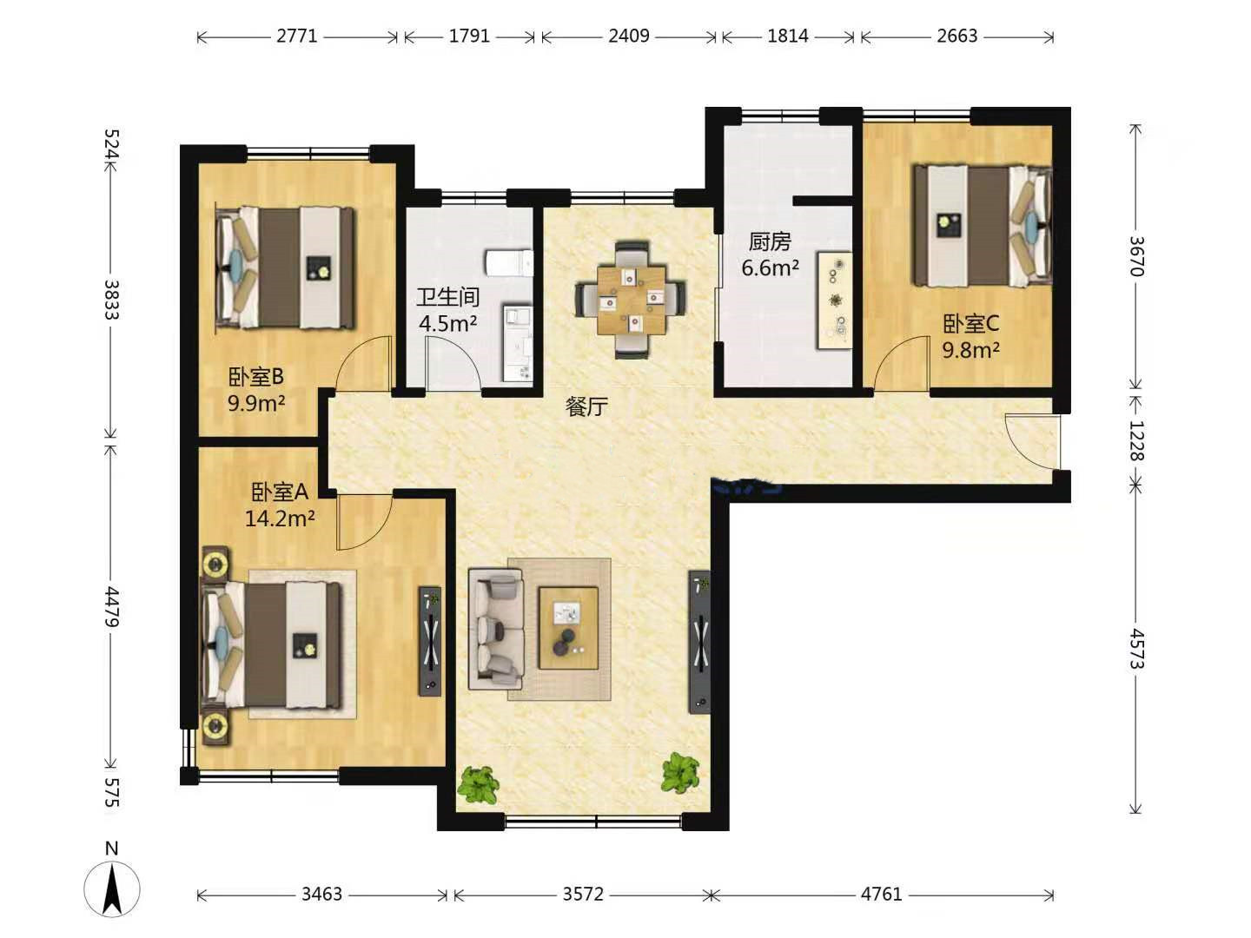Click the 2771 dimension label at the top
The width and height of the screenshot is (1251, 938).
[x=297, y=36]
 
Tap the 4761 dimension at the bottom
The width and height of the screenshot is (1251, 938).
[x=881, y=895]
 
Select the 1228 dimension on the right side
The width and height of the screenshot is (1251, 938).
[x=1135, y=440]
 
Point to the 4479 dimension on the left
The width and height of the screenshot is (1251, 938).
[x=111, y=607]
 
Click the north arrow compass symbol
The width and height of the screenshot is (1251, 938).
[x=112, y=888]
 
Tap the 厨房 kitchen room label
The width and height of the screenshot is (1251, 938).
[x=770, y=242]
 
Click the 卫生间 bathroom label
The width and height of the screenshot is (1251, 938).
[x=447, y=297]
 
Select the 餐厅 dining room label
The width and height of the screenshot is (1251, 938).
[x=586, y=406]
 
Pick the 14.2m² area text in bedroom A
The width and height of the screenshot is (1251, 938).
[x=280, y=519]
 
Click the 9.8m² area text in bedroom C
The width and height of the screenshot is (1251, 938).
[x=970, y=350]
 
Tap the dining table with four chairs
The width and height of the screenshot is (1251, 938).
[x=631, y=301]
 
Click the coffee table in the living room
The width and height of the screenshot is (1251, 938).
[x=569, y=628]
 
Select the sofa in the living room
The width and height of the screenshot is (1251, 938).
[x=495, y=629]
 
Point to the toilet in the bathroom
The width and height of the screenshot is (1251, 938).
[x=509, y=263]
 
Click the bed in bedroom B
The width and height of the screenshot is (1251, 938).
[x=285, y=268]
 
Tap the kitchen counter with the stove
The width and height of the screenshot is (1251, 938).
[x=835, y=301]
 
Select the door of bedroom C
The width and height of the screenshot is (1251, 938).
[x=902, y=363]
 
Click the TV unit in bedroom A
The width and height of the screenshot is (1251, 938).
[x=430, y=641]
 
